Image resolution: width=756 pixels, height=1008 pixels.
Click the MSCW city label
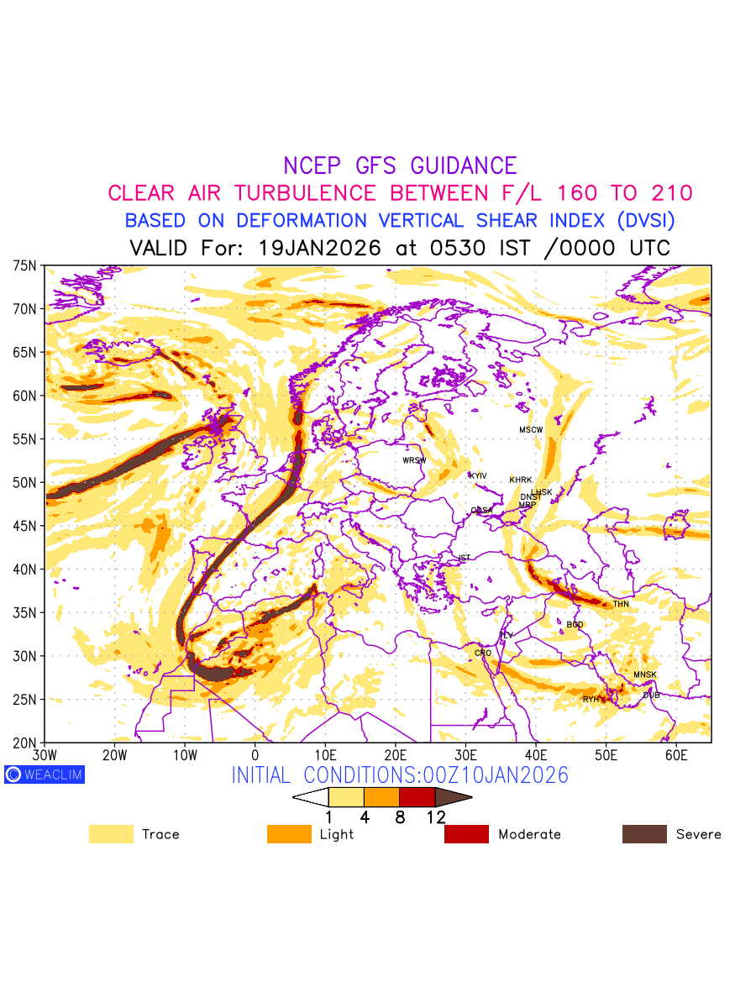[531, 430]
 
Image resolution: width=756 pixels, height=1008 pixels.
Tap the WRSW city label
[414, 460]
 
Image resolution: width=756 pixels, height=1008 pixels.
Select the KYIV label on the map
[478, 476]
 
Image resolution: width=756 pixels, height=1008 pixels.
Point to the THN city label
[621, 604]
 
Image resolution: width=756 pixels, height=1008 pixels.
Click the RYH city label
[591, 699]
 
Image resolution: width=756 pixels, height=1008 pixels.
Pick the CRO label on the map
[483, 653]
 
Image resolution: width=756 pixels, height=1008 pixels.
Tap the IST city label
[465, 558]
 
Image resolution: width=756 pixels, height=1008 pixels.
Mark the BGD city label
[575, 625]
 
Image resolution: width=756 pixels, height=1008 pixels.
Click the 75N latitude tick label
[24, 265]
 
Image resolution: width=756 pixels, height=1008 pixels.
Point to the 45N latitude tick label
[24, 526]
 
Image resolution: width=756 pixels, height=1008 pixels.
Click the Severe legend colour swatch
[644, 834]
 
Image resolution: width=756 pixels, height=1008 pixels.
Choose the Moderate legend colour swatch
[466, 834]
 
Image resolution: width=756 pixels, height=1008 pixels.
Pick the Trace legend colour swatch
[111, 834]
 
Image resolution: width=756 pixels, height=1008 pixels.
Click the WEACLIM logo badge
[45, 774]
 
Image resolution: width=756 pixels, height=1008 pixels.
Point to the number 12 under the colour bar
[435, 817]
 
